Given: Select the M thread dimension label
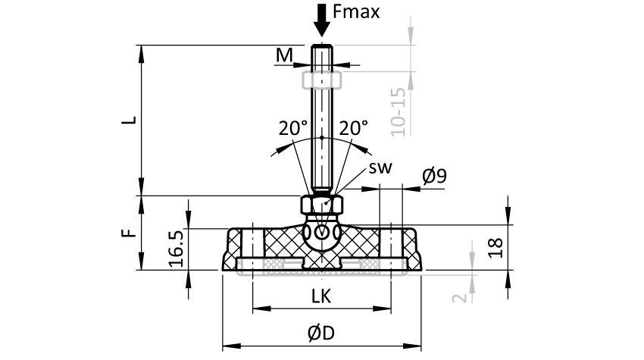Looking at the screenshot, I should click(284, 55).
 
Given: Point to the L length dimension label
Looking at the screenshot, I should click(130, 120).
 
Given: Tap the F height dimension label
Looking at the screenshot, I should click(130, 232).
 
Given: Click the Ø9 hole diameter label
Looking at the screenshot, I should click(434, 177).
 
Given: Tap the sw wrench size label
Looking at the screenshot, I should click(380, 167).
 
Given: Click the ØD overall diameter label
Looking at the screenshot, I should click(321, 333).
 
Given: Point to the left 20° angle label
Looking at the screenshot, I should click(292, 128).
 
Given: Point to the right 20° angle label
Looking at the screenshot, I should click(353, 128).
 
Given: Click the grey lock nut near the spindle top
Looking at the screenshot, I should click(322, 80).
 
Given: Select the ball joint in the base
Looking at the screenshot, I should click(322, 233).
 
